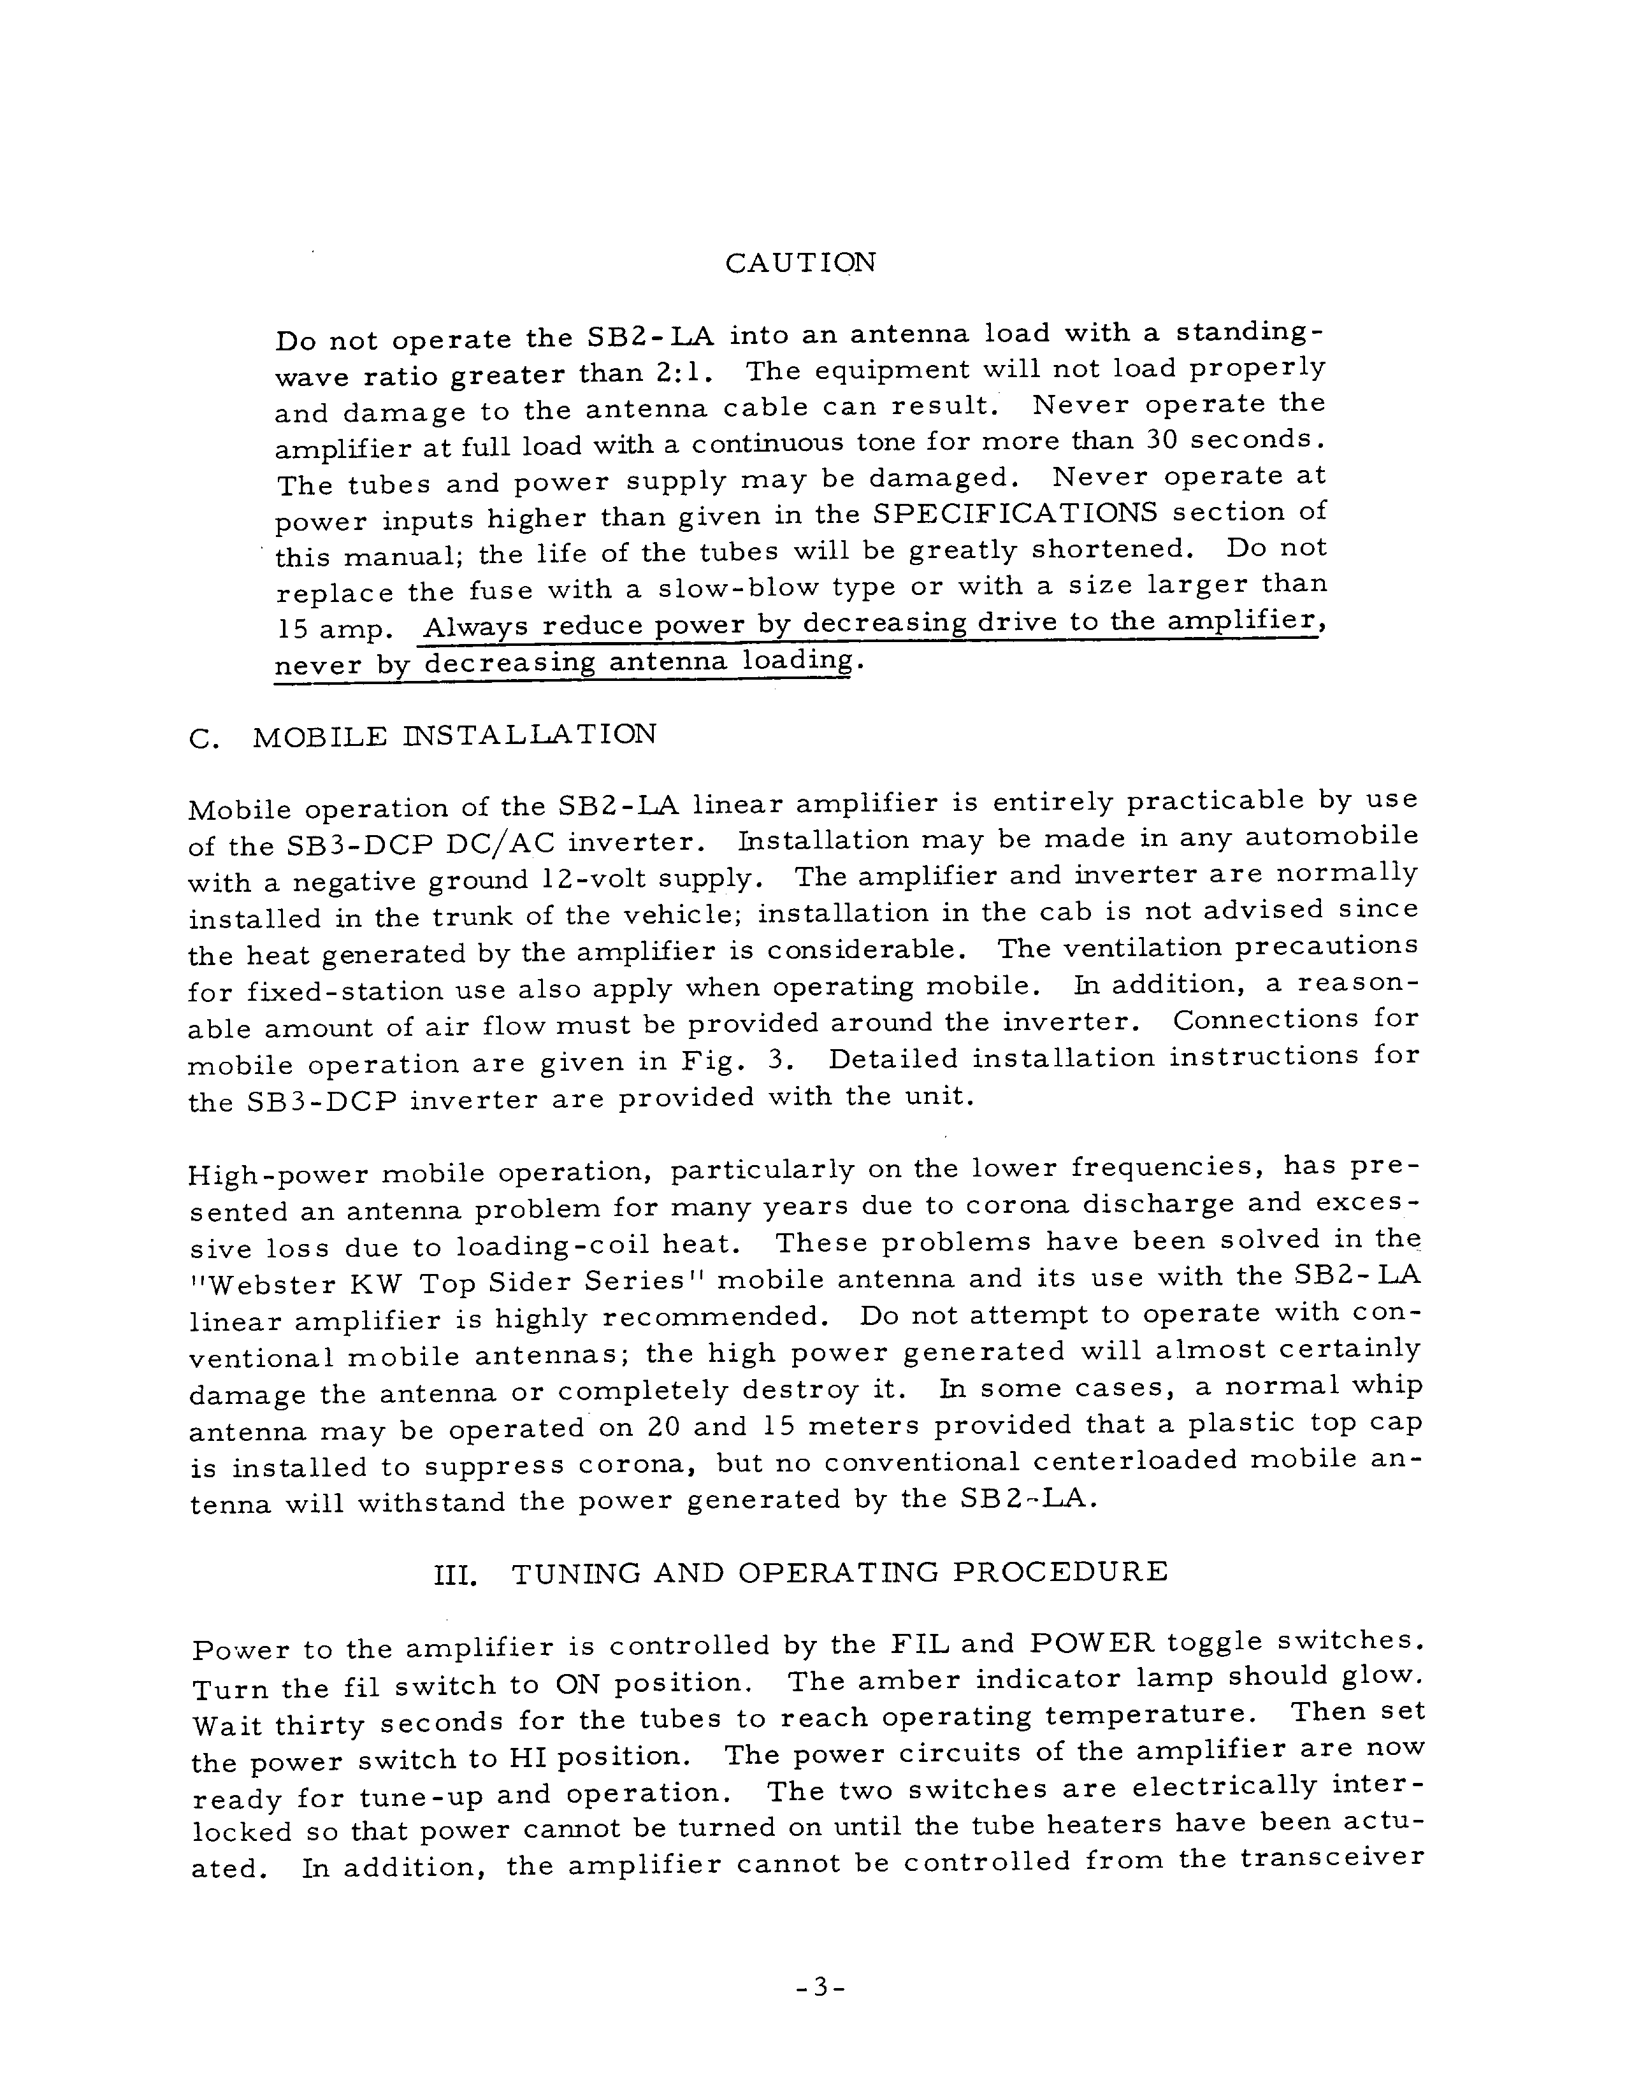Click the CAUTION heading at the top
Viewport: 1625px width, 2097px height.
(x=800, y=263)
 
